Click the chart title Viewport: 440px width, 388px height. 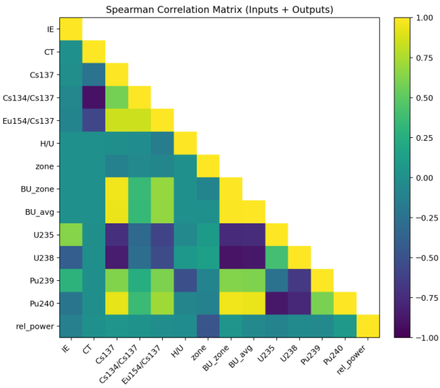click(220, 10)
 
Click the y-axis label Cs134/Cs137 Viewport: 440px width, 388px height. click(28, 98)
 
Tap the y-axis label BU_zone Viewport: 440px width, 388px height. click(37, 189)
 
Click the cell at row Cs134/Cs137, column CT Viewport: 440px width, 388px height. click(94, 97)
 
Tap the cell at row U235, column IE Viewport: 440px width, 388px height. click(71, 234)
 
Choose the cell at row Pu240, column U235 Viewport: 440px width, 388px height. click(277, 303)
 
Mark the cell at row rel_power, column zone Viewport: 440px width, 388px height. click(208, 326)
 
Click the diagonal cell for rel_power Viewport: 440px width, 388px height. click(368, 326)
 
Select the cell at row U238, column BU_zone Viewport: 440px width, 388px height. click(231, 257)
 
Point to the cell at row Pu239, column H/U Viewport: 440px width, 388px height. click(185, 280)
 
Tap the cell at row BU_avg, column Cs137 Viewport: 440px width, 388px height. click(117, 212)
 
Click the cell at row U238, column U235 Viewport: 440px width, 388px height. click(277, 257)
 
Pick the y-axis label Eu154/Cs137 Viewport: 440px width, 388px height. click(28, 121)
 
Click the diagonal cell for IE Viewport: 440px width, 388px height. click(71, 29)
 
